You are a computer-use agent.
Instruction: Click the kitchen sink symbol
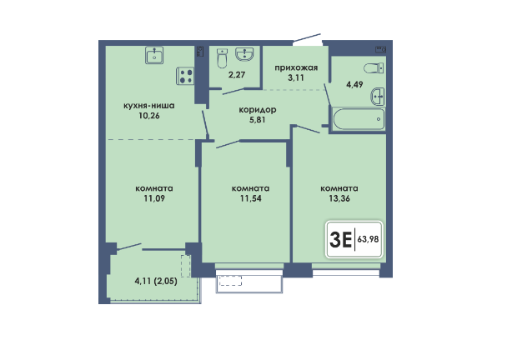click(154, 55)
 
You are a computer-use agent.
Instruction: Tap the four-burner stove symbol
click(185, 76)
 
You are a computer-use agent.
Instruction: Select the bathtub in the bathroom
click(359, 119)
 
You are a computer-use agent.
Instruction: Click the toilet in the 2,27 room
click(222, 58)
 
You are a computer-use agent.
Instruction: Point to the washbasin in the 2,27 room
click(244, 54)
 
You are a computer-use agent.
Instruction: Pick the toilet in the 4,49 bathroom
click(374, 68)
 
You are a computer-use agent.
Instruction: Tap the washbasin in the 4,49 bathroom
click(378, 97)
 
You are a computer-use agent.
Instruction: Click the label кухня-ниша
click(149, 106)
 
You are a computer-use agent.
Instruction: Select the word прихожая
click(296, 67)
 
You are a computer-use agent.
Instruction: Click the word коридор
click(258, 110)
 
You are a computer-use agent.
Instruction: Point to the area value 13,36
click(339, 198)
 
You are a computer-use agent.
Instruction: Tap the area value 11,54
click(251, 198)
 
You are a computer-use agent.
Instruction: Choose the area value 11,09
click(154, 198)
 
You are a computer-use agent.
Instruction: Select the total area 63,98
click(368, 239)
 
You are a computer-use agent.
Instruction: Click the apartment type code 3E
click(340, 240)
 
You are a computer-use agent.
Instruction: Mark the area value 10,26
click(149, 116)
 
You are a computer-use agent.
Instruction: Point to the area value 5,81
click(258, 120)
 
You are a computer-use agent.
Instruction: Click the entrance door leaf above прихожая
click(307, 38)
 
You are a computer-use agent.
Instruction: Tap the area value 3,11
click(296, 77)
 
